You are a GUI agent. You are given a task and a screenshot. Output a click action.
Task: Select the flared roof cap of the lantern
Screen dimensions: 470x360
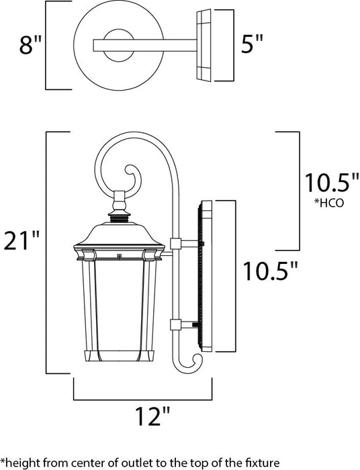[119, 236]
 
